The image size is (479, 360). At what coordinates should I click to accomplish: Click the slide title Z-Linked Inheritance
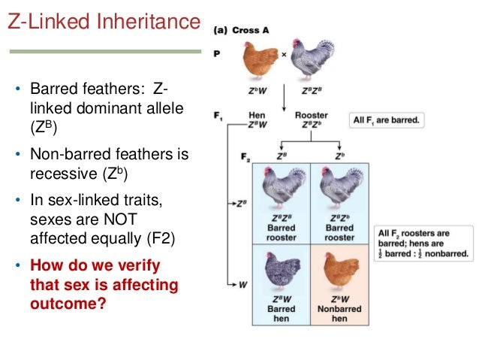[x=104, y=23]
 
